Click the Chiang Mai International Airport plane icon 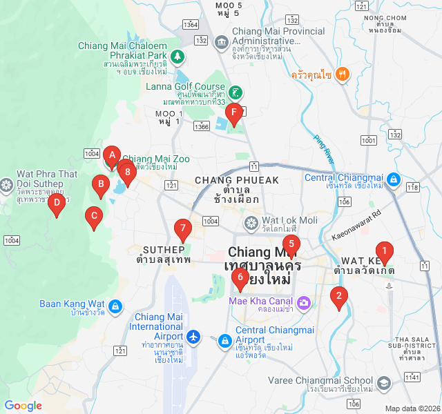[x=194, y=337]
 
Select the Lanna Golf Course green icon [x=236, y=92]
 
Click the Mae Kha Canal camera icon [x=303, y=302]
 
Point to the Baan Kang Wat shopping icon [x=116, y=304]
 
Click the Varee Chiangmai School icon [x=384, y=382]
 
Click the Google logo [x=23, y=406]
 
